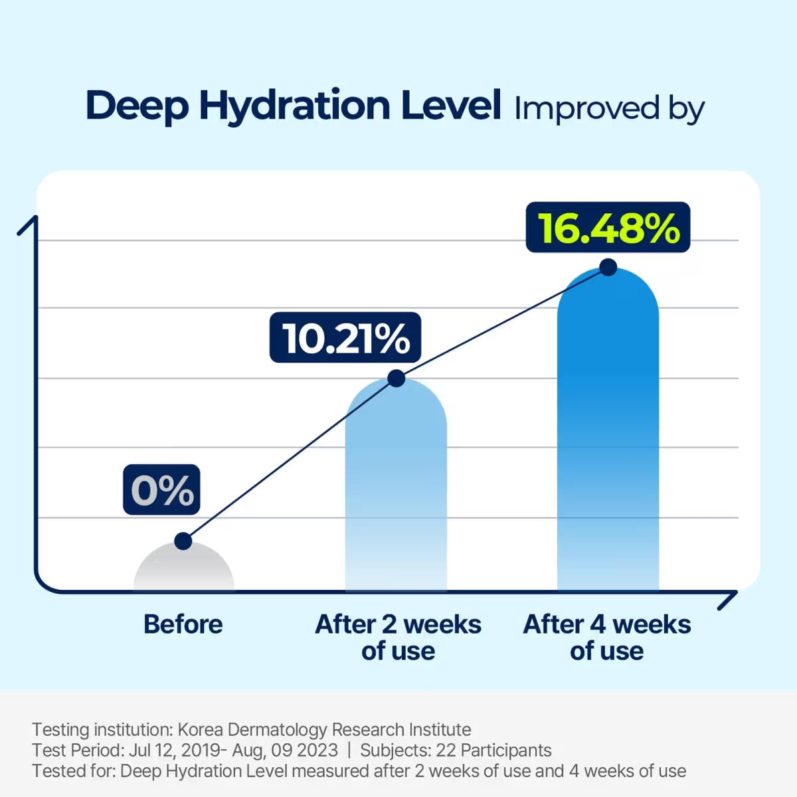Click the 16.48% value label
point(608,228)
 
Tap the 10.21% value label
point(345,338)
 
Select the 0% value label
point(161,490)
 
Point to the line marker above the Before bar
point(183,541)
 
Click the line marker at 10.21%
point(396,379)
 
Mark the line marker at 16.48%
point(608,268)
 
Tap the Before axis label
point(183,624)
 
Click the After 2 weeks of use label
point(398,638)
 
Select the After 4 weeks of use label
point(607,638)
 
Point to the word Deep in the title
point(136,106)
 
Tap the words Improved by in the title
point(609,109)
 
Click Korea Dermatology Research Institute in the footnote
point(324,729)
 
